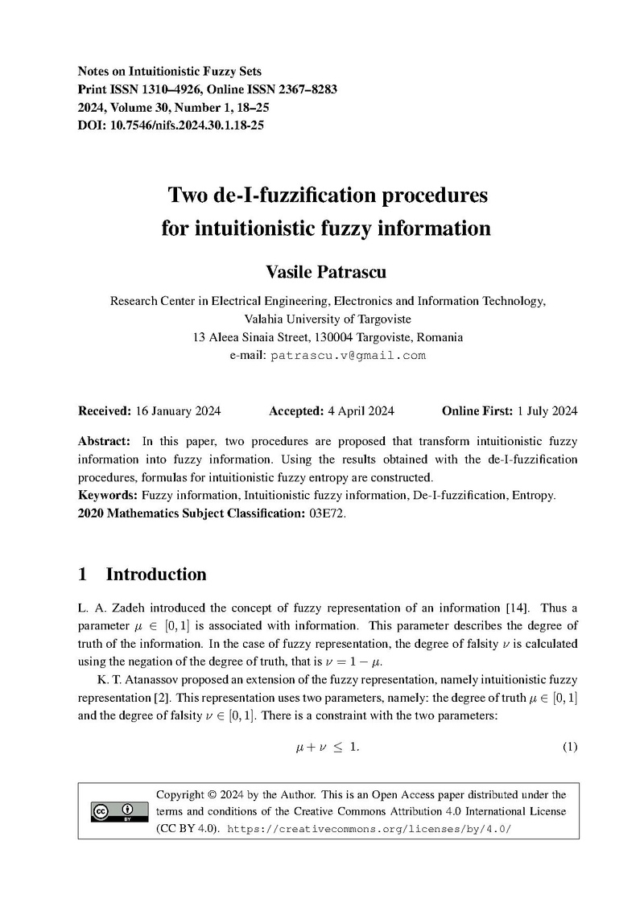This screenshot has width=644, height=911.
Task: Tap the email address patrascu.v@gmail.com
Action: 348,355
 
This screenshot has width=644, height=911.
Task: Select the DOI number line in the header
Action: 171,126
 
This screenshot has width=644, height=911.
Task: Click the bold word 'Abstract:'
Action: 104,442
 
